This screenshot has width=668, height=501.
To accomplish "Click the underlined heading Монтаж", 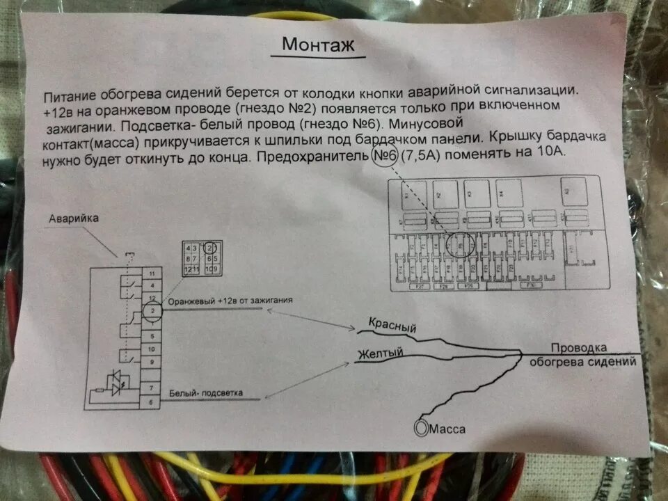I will point(318,45).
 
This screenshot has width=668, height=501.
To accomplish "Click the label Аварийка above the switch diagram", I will point(74,218).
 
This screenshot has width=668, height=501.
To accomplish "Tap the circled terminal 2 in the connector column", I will point(152,310).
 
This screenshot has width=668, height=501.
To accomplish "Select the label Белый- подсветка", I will point(206,393).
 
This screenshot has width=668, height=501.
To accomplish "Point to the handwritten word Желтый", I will point(381,354).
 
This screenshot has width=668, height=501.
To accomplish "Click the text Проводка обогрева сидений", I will point(582,354).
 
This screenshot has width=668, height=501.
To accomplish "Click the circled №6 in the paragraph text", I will point(384,156).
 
